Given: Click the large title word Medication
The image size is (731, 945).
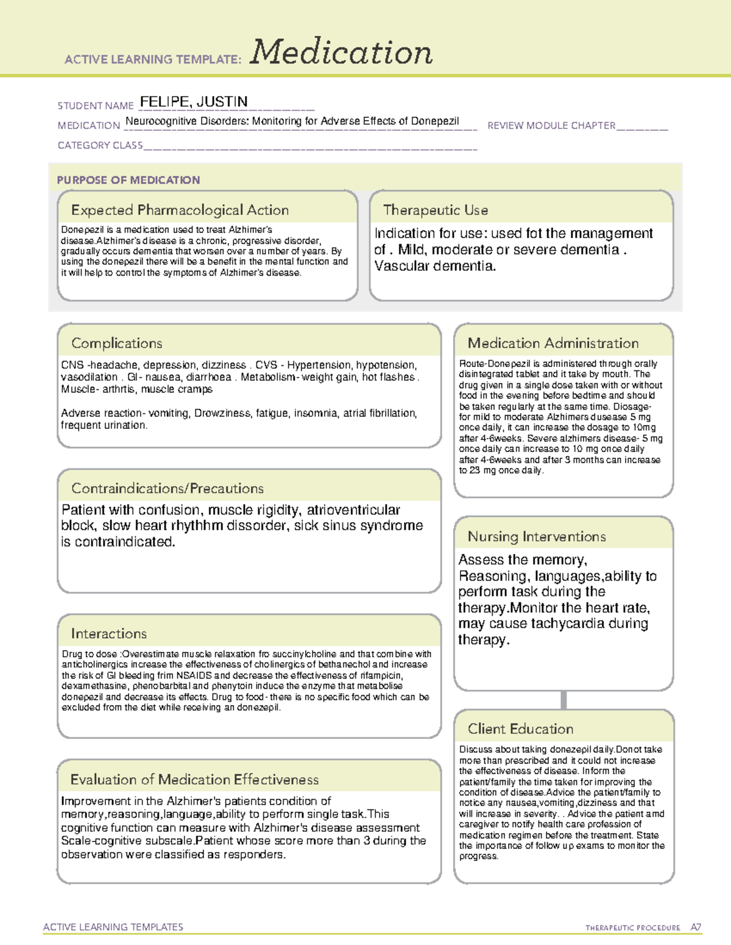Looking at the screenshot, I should coord(341,52).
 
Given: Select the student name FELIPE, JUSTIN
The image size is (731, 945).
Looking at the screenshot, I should coord(194,102).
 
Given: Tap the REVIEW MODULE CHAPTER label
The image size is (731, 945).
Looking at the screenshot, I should coord(551,125).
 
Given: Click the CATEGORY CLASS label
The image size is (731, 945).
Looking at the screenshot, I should coord(100,145).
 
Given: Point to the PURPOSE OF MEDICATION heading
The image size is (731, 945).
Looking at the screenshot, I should coord(129,180).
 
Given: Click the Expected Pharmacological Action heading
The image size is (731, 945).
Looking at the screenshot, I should coord(180,211).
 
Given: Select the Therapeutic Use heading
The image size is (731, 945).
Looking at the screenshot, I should coord(436,211).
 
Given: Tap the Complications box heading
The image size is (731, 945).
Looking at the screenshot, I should coord(117,343).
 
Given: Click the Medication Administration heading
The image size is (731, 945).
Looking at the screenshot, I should coord(553,343).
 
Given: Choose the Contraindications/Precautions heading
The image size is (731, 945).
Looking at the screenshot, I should coord(168,489).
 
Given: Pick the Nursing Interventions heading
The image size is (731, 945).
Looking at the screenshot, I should coord(537,537).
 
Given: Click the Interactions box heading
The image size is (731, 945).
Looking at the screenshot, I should coord(109,634).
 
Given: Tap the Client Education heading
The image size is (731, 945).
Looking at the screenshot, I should coord(520,729).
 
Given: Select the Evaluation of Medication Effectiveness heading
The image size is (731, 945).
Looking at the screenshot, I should coord(194,779).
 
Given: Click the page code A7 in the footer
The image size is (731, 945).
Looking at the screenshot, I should coord(696,927).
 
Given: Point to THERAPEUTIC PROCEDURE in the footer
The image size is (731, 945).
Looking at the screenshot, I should coord(632,928).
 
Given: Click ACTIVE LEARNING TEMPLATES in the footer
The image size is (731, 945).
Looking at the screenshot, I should coord(113,927).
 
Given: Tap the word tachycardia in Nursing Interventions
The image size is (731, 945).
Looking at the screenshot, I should coord(568,624).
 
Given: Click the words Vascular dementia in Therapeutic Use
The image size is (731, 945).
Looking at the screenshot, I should coord(435,266).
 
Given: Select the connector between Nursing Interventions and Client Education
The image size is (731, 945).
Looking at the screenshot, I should coord(563,700).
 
